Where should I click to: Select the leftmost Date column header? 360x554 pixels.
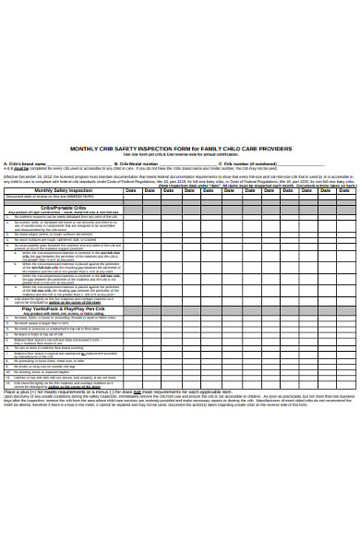coord(131,190)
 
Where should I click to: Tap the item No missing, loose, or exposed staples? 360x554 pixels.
coord(46,371)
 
